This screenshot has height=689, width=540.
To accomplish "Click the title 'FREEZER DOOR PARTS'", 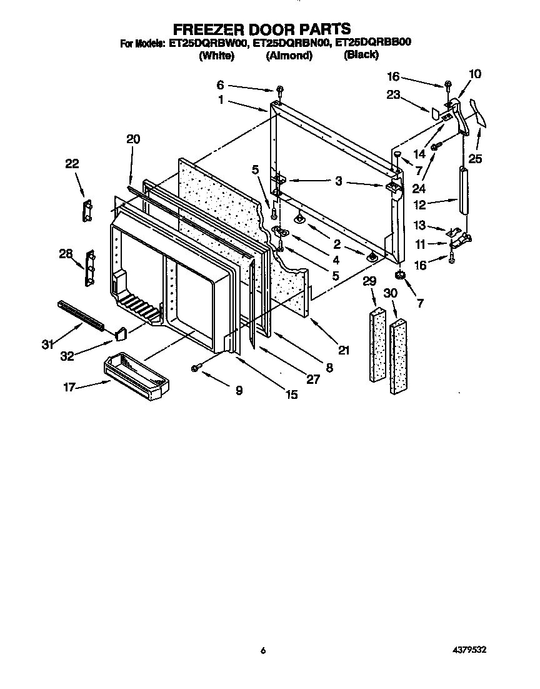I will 261,29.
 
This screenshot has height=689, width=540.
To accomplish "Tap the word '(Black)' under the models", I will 361,54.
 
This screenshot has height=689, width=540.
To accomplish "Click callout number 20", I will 133,139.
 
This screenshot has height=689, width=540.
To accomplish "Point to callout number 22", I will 72,164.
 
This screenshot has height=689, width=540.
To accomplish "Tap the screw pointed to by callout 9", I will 196,369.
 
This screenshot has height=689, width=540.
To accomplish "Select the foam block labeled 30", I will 398,357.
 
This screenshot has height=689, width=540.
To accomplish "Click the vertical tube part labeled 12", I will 463,191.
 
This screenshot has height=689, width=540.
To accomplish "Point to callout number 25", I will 476,159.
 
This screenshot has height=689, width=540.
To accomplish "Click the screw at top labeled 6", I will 279,91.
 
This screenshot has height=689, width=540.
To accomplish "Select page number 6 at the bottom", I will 263,651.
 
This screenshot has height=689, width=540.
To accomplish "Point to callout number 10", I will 475,74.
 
